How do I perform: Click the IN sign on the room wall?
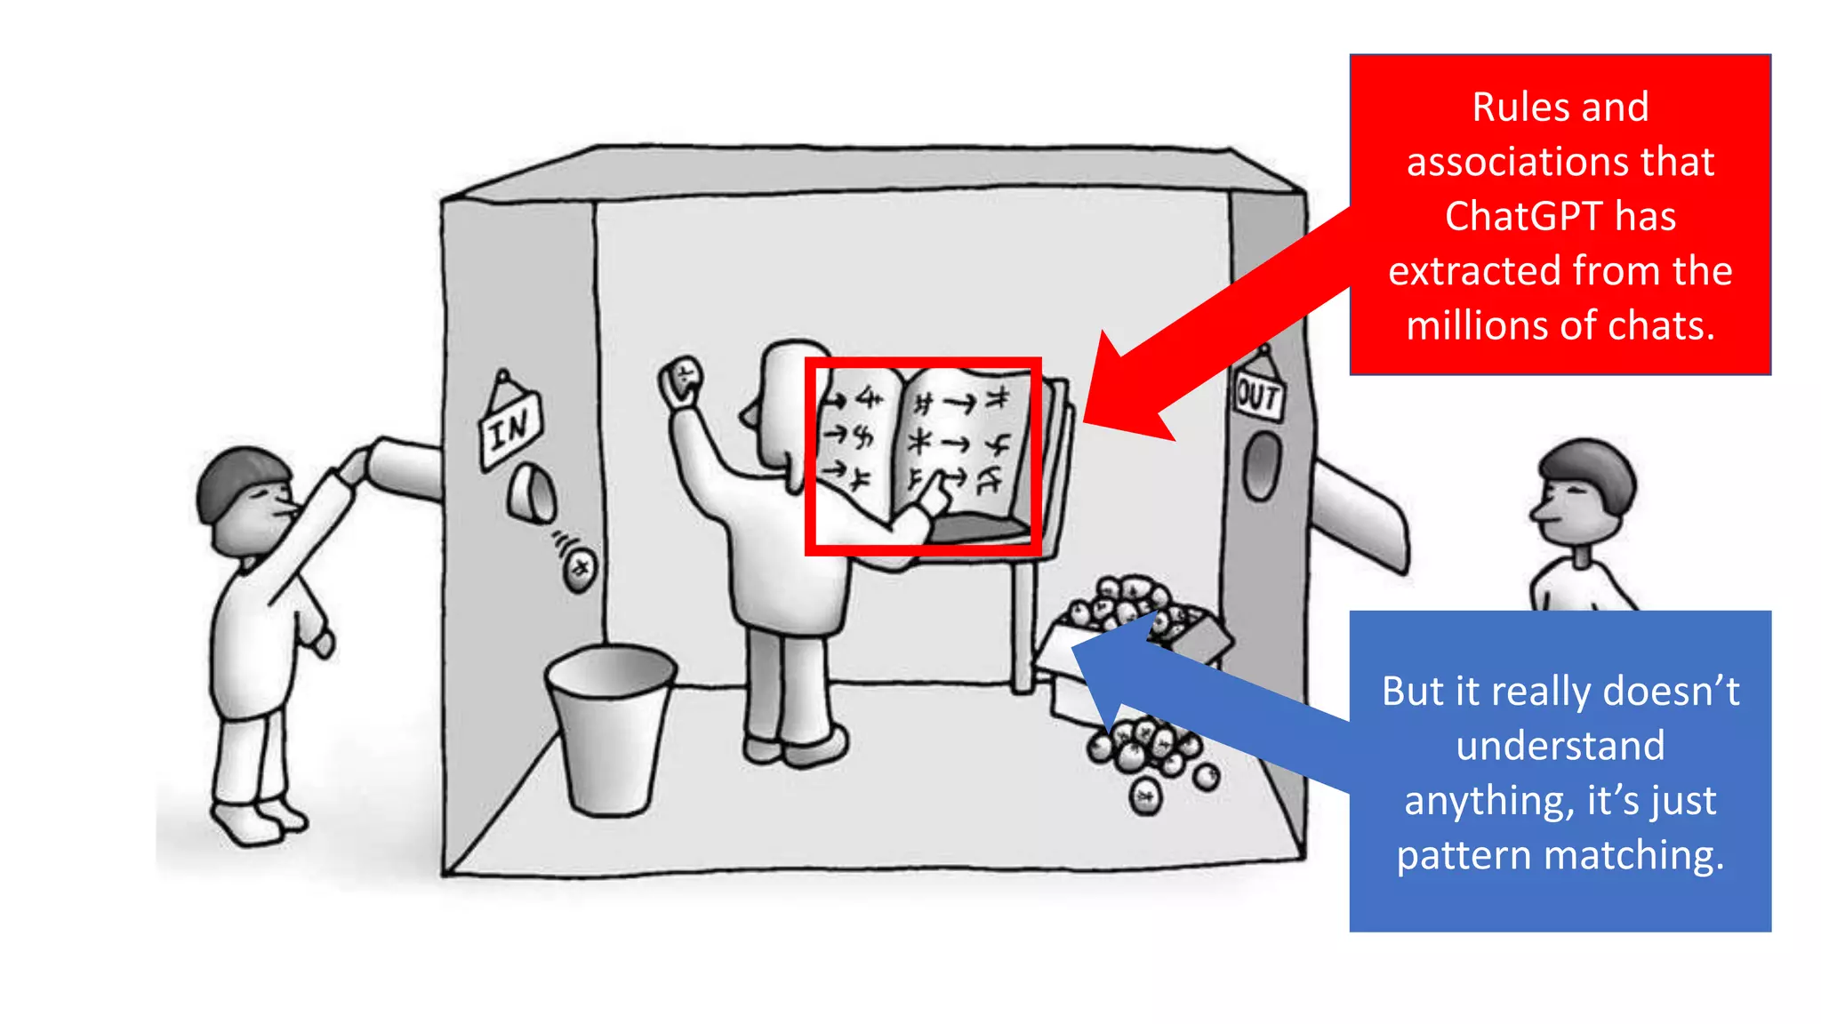pyautogui.click(x=510, y=429)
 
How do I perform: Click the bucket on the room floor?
pyautogui.click(x=610, y=729)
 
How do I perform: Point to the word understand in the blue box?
pyautogui.click(x=1560, y=746)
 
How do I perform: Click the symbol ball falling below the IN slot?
pyautogui.click(x=581, y=568)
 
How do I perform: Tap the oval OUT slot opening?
pyautogui.click(x=1261, y=466)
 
